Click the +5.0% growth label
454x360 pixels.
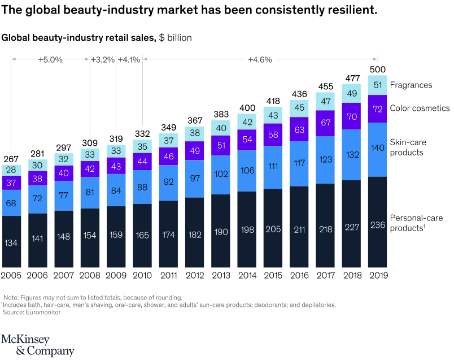51,59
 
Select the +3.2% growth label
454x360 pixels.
103,59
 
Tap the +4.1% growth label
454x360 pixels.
128,59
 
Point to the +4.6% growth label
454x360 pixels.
260,59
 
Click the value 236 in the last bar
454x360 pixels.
377,224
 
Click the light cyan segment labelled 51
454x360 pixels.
377,85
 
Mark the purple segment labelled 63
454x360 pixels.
299,129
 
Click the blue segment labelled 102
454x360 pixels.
221,175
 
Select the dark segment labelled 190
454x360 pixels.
221,232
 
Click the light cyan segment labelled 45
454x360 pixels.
299,108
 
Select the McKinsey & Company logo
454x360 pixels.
37,345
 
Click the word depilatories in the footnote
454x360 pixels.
317,305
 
